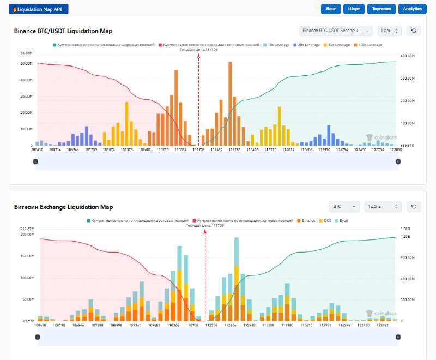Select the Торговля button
click(x=381, y=9)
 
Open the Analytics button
click(x=413, y=9)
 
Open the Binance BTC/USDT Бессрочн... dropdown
click(x=336, y=31)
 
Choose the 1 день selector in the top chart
click(x=390, y=31)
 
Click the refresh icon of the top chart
click(x=414, y=31)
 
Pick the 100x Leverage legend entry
click(x=371, y=44)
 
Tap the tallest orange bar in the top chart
click(x=230, y=104)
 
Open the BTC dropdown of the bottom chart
click(x=344, y=207)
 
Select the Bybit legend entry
click(x=343, y=220)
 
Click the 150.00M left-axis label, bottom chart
click(x=27, y=256)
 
